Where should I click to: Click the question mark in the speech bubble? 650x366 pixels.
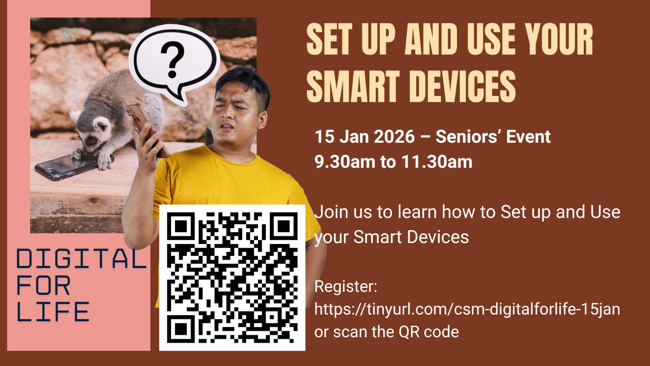coord(173,59)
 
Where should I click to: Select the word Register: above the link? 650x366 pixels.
coord(346,287)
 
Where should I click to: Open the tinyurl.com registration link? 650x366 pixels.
coord(467,309)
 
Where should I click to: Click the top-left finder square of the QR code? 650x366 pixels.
coord(181,226)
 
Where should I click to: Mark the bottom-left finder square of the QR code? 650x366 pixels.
coord(181,329)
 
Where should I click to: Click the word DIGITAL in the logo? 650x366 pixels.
coord(82,259)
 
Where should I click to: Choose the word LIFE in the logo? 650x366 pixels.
coord(53,312)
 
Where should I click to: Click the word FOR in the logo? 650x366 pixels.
coord(43,285)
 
